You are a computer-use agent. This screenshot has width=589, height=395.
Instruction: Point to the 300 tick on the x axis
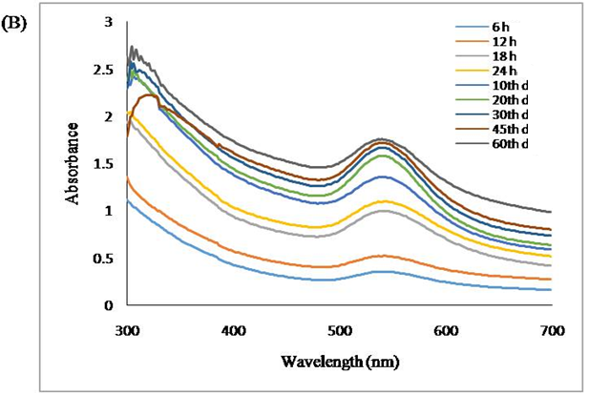[127, 331]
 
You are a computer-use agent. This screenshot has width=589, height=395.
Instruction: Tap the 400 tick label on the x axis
[234, 331]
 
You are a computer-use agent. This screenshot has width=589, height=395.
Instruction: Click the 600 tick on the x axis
[446, 331]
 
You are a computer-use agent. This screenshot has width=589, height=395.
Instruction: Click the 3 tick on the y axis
[109, 22]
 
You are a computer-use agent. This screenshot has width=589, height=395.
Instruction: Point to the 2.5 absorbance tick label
[103, 70]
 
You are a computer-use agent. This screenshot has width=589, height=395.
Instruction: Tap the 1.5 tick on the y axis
[103, 164]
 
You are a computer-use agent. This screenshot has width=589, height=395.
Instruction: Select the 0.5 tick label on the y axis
[103, 259]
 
